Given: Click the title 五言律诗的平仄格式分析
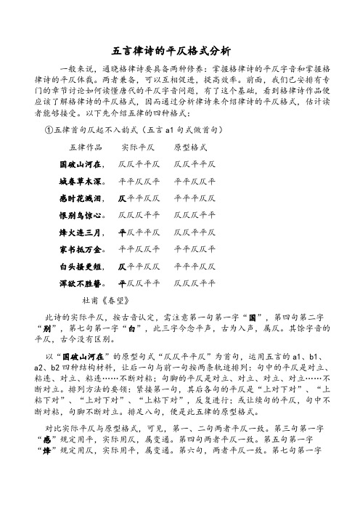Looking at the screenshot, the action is pos(179,51).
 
